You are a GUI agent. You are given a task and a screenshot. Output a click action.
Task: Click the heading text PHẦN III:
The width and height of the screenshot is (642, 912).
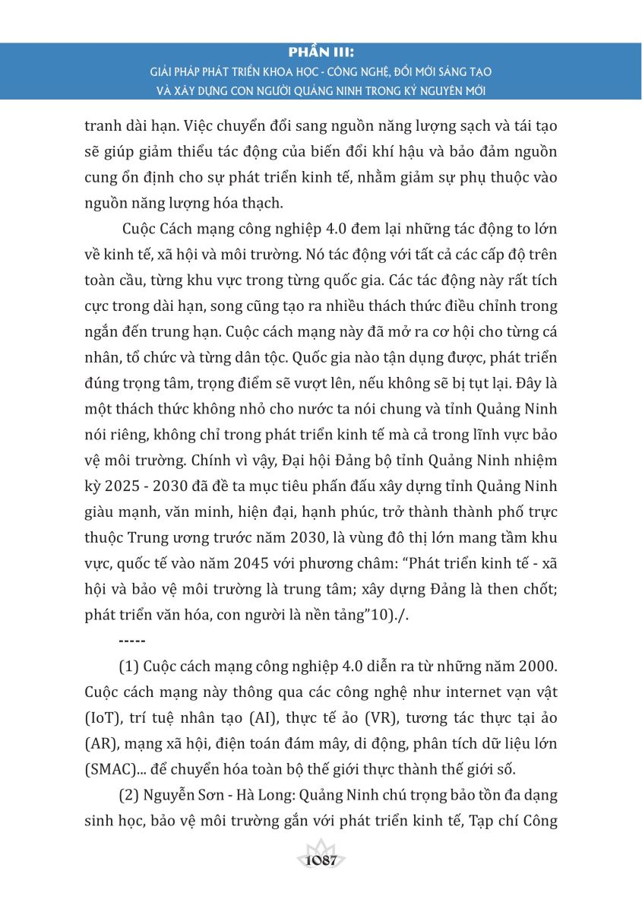click(321, 54)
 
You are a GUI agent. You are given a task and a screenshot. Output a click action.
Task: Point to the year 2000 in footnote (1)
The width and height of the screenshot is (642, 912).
click(535, 667)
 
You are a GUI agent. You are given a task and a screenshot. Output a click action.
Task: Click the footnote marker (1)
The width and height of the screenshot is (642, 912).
click(128, 667)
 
